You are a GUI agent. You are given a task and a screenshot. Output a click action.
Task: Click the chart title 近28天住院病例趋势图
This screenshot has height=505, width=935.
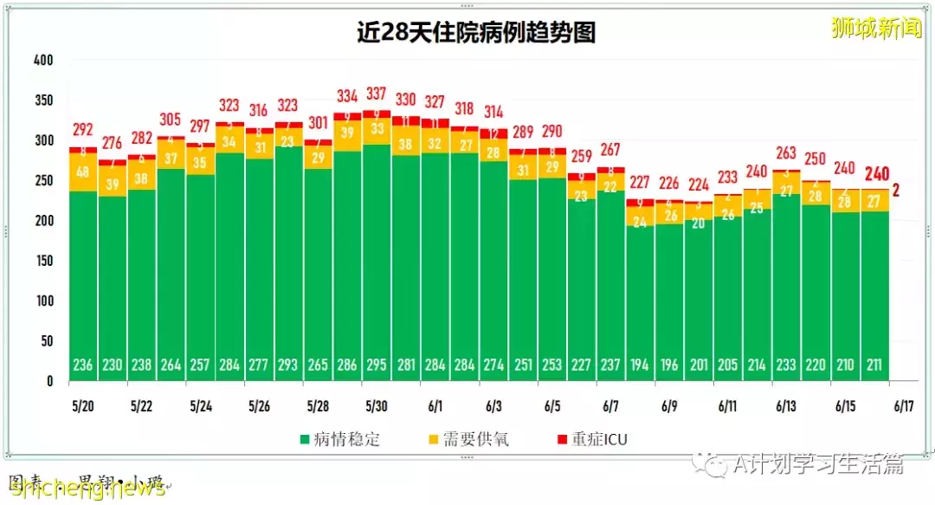pyautogui.click(x=475, y=32)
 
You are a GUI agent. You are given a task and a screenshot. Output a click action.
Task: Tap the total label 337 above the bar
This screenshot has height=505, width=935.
pyautogui.click(x=377, y=94)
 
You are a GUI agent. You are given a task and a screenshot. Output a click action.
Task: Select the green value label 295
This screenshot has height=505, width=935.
pyautogui.click(x=377, y=365)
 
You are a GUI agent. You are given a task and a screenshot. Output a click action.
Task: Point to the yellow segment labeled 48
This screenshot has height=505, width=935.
pyautogui.click(x=83, y=172)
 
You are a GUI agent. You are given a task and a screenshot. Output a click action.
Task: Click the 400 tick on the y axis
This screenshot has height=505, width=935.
pyautogui.click(x=43, y=61)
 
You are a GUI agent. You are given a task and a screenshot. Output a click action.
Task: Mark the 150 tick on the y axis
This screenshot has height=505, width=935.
pyautogui.click(x=43, y=261)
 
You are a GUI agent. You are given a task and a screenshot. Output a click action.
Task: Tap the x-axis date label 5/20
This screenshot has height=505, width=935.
pyautogui.click(x=83, y=405)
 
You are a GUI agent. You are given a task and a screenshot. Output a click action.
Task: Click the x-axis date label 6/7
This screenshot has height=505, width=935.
pyautogui.click(x=610, y=405)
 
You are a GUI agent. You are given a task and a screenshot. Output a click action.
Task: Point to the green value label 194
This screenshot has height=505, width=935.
pyautogui.click(x=640, y=365)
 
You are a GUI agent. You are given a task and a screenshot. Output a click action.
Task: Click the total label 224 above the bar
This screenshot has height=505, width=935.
pyautogui.click(x=699, y=185)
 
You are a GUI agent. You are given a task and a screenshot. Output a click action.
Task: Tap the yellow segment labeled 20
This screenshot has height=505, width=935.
pyautogui.click(x=699, y=223)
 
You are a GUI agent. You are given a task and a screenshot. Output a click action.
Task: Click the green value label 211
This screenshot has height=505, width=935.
pyautogui.click(x=875, y=365)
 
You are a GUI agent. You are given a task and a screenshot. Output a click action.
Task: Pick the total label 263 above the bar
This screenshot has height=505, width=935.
pyautogui.click(x=786, y=153)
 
